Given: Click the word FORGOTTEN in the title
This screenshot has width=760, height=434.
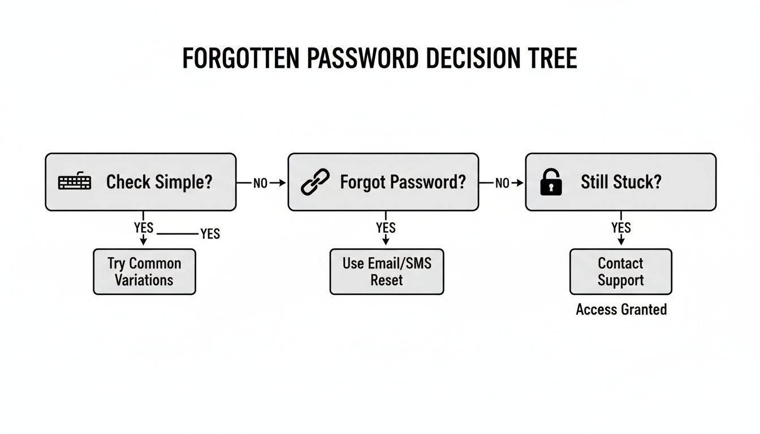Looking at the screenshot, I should click(x=240, y=59).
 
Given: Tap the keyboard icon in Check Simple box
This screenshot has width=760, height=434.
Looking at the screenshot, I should click(x=75, y=182).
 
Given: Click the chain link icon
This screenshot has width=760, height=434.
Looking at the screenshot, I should click(x=315, y=183).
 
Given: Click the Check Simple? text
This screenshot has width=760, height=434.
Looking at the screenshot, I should click(x=159, y=182).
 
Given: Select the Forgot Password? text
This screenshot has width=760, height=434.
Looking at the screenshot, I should click(x=403, y=182).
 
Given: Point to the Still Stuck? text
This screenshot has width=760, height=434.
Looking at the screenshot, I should click(x=620, y=182).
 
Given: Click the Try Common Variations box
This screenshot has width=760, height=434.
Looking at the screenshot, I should click(x=144, y=272).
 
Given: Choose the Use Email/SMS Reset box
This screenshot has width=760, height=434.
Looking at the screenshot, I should click(x=387, y=272).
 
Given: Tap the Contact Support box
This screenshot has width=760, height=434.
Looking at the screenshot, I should click(x=621, y=272).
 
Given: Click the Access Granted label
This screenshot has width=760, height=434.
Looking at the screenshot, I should click(x=621, y=310).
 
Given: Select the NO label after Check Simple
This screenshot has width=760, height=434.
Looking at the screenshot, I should click(x=260, y=183).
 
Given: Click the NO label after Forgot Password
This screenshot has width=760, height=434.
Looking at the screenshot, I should click(x=502, y=183).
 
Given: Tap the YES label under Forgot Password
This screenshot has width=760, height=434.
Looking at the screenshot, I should click(x=386, y=228).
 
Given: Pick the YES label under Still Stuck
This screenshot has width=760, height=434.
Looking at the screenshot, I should click(x=621, y=228).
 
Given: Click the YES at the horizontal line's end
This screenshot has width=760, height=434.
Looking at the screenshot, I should click(x=210, y=234).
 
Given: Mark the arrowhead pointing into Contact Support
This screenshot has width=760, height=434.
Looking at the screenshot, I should click(x=621, y=242).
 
